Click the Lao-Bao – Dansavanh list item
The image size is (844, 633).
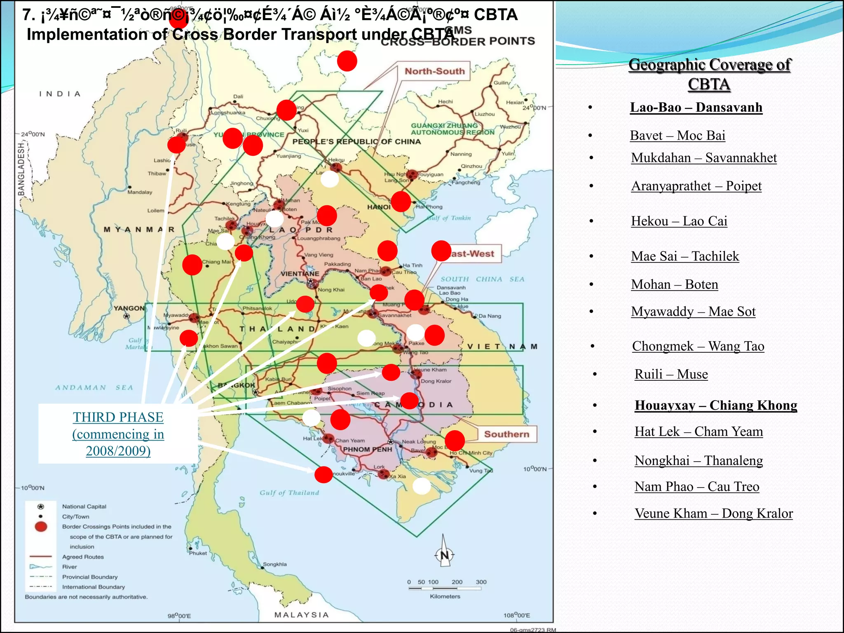coord(696,108)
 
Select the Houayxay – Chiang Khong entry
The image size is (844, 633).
coord(716,406)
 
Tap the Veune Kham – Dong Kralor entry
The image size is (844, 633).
coord(713,513)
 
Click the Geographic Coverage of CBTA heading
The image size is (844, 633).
coord(709,74)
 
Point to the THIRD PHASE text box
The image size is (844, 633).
coord(118,434)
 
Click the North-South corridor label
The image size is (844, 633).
coord(434,71)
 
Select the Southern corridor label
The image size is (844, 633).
coord(506,434)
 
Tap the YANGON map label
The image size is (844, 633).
coord(129,308)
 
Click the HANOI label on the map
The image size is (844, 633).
coord(379,207)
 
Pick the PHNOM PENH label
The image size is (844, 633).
coord(368,450)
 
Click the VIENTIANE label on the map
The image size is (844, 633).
coord(300,274)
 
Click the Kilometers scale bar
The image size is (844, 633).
coord(445,588)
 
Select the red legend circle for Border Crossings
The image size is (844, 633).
coord(41,527)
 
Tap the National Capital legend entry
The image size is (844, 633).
coord(84,506)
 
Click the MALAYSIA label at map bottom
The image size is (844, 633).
coord(302,615)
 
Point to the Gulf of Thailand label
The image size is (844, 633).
coord(289,493)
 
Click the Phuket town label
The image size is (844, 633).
coord(198,553)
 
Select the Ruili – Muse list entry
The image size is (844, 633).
coord(671,374)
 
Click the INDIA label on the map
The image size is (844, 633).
coord(60,94)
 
